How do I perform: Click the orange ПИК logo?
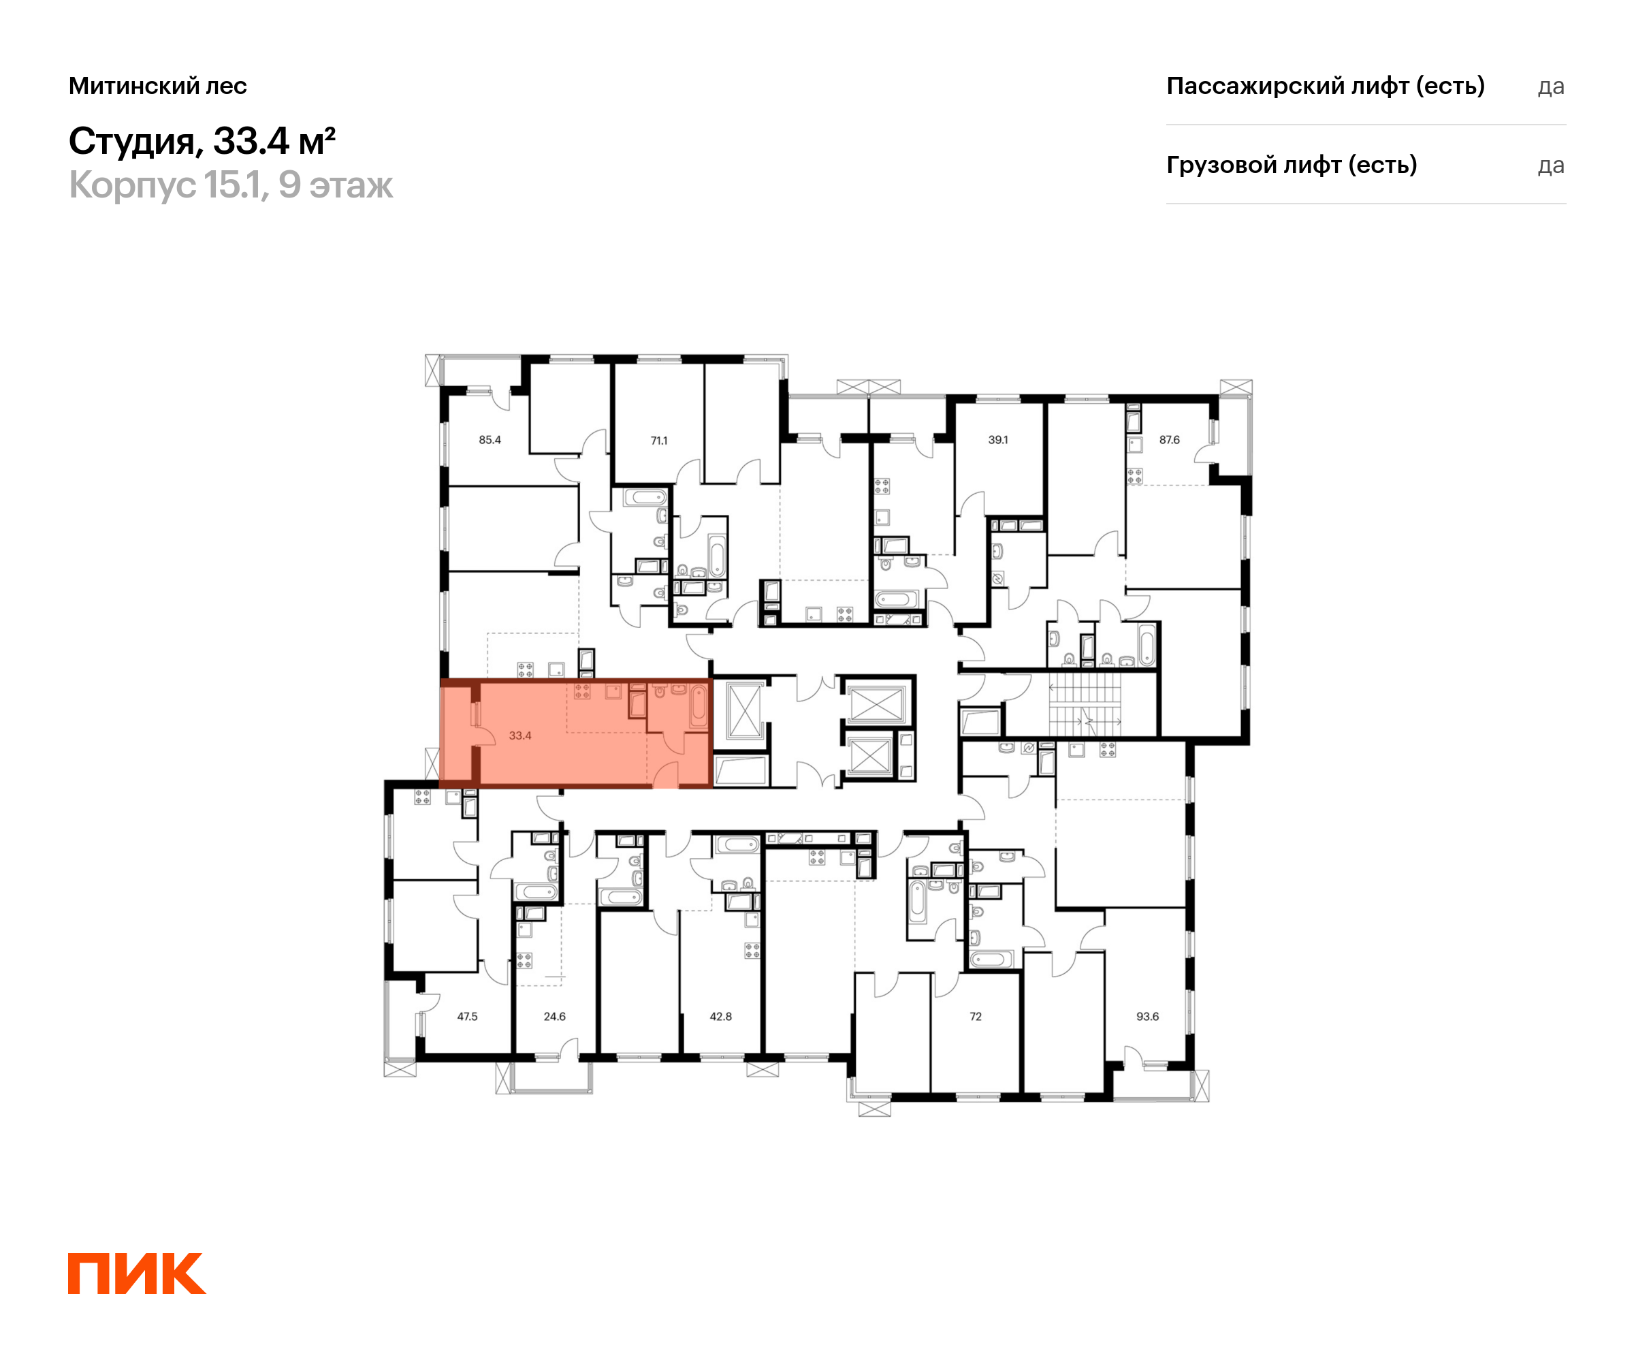[x=137, y=1274]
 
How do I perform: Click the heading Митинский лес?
[x=158, y=86]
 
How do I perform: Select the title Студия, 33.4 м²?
[x=202, y=141]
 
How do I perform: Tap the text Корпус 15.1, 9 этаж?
[x=231, y=185]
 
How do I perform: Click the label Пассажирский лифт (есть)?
[x=1325, y=86]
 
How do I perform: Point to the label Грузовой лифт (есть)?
[x=1292, y=165]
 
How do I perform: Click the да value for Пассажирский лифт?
[x=1551, y=86]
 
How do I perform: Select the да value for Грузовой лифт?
[x=1551, y=165]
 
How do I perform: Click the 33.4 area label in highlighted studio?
[x=519, y=735]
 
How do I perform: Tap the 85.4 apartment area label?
[x=490, y=440]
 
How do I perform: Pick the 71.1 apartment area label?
[x=659, y=441]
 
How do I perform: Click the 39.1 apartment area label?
[x=997, y=440]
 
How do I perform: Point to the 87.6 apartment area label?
[x=1170, y=440]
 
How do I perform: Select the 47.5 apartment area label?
[x=467, y=1017]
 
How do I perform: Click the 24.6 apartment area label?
[x=554, y=1017]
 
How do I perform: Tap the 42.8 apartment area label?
[x=720, y=1017]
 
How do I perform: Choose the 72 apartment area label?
[x=976, y=1017]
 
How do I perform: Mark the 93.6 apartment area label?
[x=1148, y=1017]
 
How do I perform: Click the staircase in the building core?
[x=1085, y=704]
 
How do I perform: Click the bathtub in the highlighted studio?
[x=698, y=706]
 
